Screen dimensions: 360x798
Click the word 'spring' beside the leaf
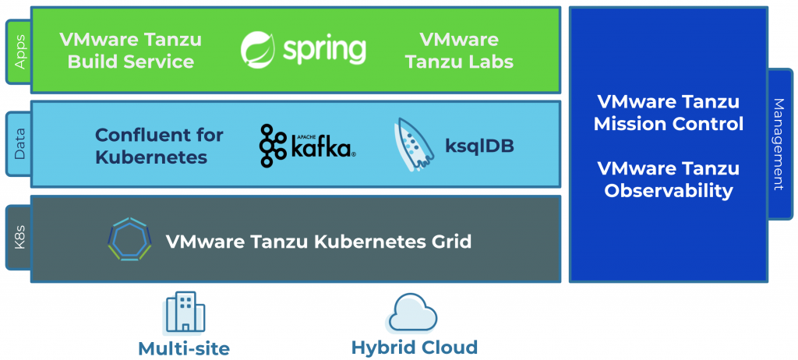tap(323, 51)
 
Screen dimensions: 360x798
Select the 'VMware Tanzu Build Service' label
tap(130, 50)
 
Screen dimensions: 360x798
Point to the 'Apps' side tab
tap(19, 51)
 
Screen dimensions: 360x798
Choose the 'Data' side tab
tap(19, 144)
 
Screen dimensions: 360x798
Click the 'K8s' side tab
tap(19, 238)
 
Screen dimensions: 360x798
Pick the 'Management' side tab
tap(779, 144)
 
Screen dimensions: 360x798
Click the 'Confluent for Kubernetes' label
tap(159, 146)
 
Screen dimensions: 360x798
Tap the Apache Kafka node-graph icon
tap(274, 146)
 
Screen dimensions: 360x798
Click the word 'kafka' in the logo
tap(321, 148)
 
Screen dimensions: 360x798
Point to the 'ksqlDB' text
tap(479, 146)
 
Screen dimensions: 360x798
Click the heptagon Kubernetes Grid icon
tap(129, 240)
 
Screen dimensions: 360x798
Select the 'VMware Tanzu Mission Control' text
tap(668, 113)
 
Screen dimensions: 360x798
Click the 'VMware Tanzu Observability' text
tap(668, 179)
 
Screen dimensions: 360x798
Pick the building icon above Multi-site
tap(184, 313)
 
